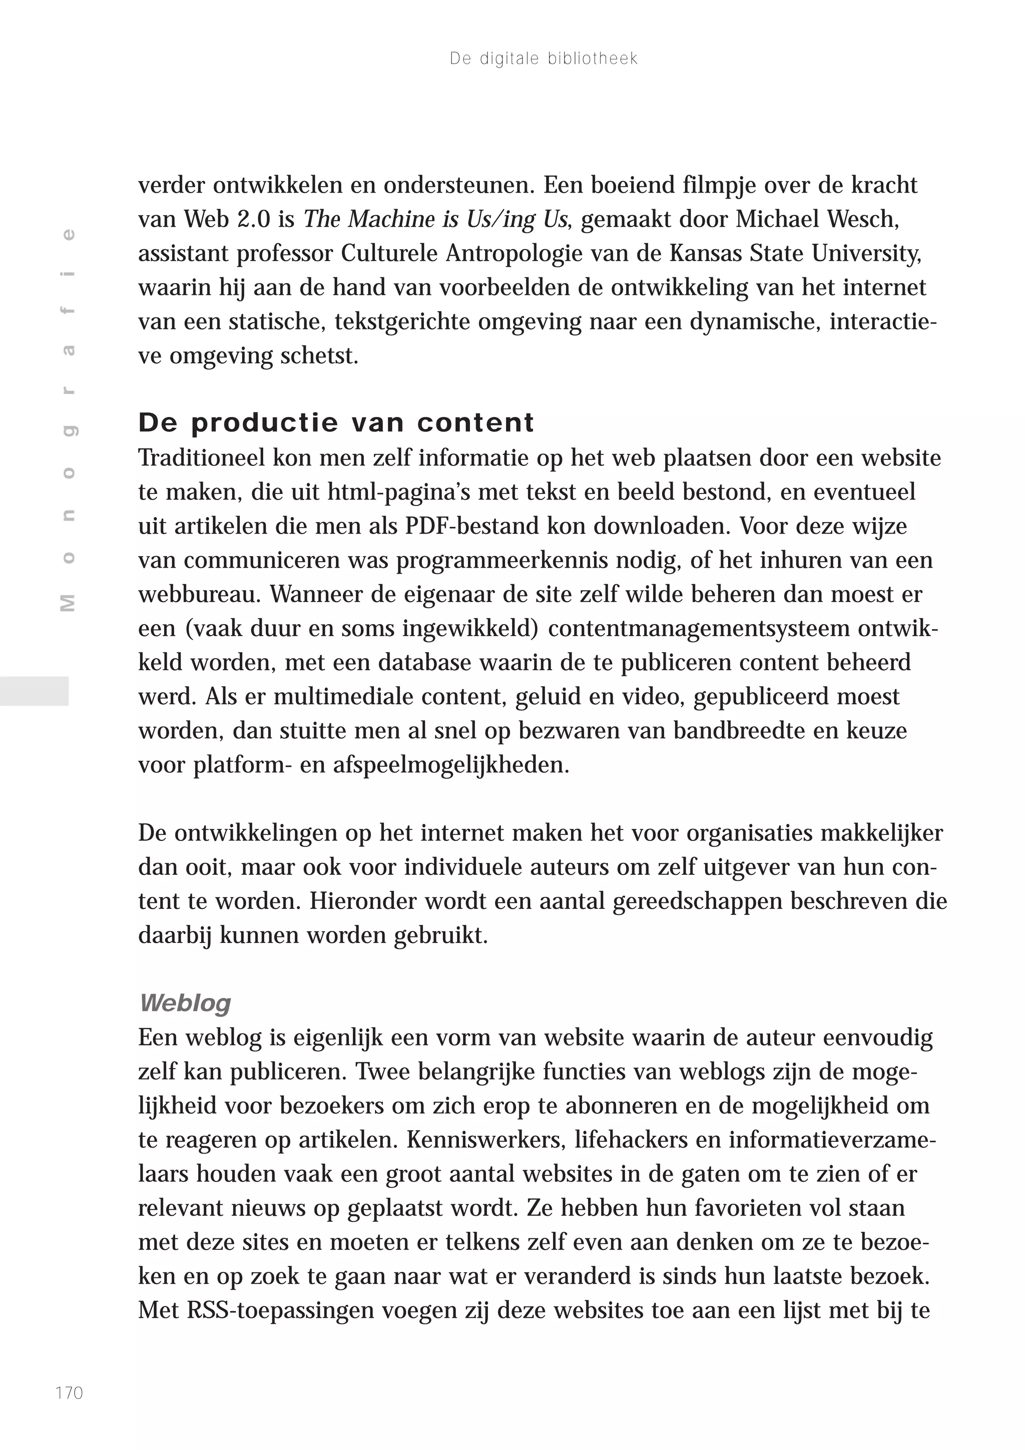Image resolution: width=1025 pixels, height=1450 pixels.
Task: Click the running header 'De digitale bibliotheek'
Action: pos(543,59)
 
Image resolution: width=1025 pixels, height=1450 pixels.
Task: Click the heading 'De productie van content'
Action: pos(336,422)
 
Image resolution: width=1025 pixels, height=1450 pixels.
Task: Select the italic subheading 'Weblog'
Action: pos(185,1003)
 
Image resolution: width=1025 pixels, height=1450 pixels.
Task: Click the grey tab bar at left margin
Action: pos(34,690)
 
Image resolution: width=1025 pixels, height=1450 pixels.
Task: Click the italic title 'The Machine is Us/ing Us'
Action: pos(435,219)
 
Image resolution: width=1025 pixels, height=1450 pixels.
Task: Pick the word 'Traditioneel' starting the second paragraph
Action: pos(202,458)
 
